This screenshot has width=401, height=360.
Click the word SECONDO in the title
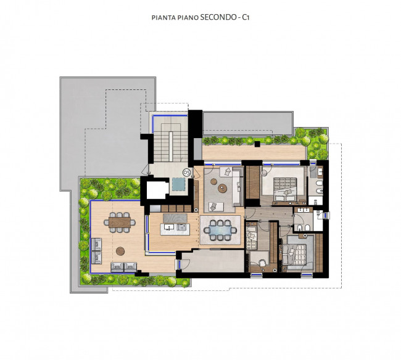click(218, 17)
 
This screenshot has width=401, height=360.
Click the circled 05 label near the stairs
click(187, 173)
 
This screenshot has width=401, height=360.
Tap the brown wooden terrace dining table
click(120, 222)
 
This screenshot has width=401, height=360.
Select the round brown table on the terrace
click(120, 251)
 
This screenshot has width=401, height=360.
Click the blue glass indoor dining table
click(220, 231)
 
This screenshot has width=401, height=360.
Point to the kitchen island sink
click(169, 227)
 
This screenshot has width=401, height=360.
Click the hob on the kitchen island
click(181, 227)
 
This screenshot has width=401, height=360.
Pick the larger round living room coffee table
click(223, 188)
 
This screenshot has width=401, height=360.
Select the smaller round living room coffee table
click(214, 181)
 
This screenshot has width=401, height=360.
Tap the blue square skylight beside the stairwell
click(178, 184)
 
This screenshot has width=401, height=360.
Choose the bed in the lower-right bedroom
click(297, 255)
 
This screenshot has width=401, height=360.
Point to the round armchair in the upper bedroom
click(263, 173)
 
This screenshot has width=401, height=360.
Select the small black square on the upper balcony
click(257, 144)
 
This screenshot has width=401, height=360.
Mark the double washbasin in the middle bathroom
click(304, 210)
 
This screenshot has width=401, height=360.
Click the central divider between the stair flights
click(170, 146)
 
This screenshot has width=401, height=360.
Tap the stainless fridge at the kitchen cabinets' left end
click(155, 208)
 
